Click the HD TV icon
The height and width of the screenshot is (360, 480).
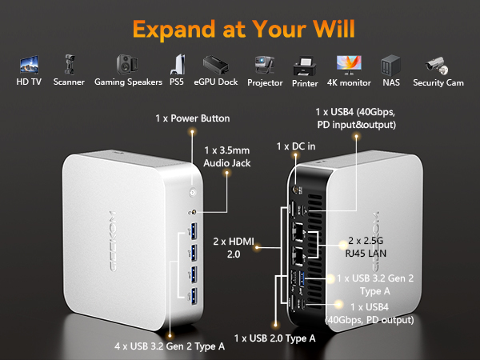coord(29,64)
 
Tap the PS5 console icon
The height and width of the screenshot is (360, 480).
coord(178,64)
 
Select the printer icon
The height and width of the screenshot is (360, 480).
coord(305,66)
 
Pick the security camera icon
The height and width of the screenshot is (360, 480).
coord(437,66)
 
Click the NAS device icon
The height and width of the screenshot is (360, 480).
coord(390,66)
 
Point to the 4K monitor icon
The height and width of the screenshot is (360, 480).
coord(349,65)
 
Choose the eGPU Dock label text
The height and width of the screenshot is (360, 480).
coord(216,82)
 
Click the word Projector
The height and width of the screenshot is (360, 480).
coord(265,82)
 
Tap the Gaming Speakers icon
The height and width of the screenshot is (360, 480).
coord(126,64)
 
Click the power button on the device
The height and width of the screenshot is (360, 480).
coord(193,192)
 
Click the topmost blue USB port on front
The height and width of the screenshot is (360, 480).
coord(194,231)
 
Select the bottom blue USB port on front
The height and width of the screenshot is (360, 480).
coord(194,297)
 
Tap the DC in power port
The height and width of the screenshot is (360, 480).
coord(296,190)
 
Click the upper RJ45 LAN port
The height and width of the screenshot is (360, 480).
coord(298,232)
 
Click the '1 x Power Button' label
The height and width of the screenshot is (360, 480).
coord(193,118)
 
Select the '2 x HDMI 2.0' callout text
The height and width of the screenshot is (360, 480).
coord(234,248)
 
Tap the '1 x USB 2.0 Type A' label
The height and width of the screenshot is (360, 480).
coord(274,338)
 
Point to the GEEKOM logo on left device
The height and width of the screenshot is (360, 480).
coord(112,241)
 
